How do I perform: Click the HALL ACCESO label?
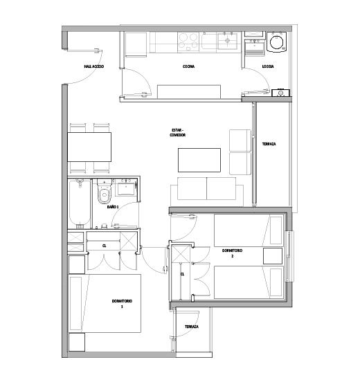(x=94, y=66)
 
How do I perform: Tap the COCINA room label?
(x=188, y=66)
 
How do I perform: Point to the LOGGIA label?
(x=268, y=66)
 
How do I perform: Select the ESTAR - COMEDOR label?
(x=178, y=132)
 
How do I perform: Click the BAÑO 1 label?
(x=113, y=207)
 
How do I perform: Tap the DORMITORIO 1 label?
(x=122, y=304)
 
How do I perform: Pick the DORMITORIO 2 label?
(x=232, y=253)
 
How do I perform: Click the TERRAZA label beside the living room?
(x=269, y=144)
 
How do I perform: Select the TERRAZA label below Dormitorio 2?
(x=192, y=327)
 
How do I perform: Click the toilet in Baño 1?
(x=105, y=192)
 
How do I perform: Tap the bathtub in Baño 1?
(x=80, y=203)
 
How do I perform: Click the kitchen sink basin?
(x=227, y=41)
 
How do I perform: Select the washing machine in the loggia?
(x=277, y=42)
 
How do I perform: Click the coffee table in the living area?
(x=199, y=160)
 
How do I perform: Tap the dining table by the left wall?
(x=89, y=147)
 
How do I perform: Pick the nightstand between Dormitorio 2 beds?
(x=273, y=256)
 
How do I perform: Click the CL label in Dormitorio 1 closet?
(x=105, y=246)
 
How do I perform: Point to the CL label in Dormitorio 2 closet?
(x=182, y=274)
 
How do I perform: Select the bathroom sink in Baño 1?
(x=126, y=188)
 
